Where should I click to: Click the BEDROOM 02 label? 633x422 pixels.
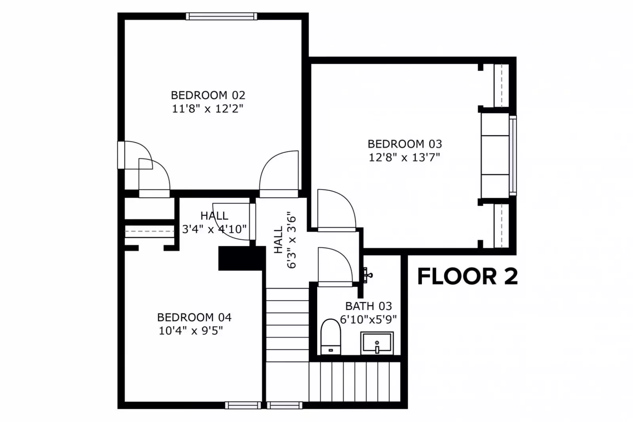(208, 95)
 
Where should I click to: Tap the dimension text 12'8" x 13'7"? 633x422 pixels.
(404, 158)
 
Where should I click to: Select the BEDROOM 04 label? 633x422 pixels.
(194, 317)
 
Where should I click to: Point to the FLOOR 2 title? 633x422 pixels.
(467, 276)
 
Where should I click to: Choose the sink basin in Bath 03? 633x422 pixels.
(377, 343)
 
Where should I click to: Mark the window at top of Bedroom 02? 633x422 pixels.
(221, 16)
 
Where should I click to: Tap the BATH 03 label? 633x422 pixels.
(368, 306)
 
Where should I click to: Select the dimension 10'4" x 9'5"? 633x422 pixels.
(191, 331)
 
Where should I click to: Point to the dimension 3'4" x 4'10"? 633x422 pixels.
(214, 229)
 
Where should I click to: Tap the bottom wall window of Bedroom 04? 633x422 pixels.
(243, 405)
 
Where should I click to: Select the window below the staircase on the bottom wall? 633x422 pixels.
(284, 405)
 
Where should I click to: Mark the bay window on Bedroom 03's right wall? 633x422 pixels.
(513, 155)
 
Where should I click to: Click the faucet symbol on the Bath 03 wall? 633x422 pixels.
(367, 274)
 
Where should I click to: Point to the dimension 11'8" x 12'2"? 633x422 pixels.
(207, 108)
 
